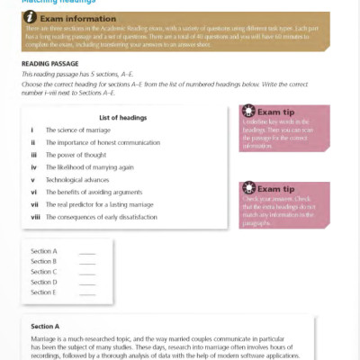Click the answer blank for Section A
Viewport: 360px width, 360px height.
(x=87, y=251)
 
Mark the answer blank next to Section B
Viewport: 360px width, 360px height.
(x=87, y=261)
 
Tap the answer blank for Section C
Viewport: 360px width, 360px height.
(x=87, y=272)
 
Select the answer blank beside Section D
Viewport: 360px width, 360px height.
(x=87, y=282)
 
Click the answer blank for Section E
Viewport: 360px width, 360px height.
(x=87, y=292)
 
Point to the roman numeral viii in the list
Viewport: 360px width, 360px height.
(x=33, y=217)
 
